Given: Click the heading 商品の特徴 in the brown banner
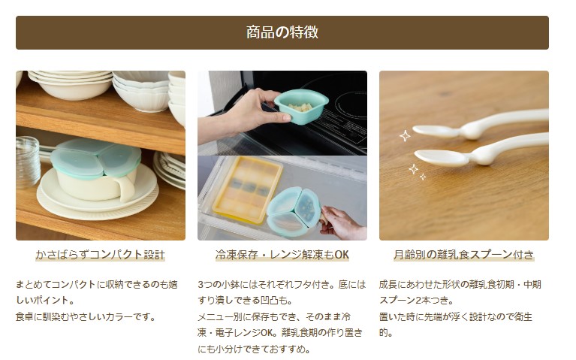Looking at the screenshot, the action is tap(282, 32).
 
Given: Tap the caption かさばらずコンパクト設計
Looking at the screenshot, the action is tap(101, 255).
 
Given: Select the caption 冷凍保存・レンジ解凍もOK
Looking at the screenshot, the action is tap(282, 255).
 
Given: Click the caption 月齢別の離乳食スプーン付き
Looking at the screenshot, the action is tap(463, 255).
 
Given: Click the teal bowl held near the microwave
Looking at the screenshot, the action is tap(301, 106).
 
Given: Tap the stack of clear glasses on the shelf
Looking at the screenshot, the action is tap(27, 162).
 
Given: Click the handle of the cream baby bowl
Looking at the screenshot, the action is tap(127, 187).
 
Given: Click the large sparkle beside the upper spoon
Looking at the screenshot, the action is tap(405, 136).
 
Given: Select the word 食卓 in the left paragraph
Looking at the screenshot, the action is tap(25, 316).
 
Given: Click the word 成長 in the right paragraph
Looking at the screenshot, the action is tap(388, 284).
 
